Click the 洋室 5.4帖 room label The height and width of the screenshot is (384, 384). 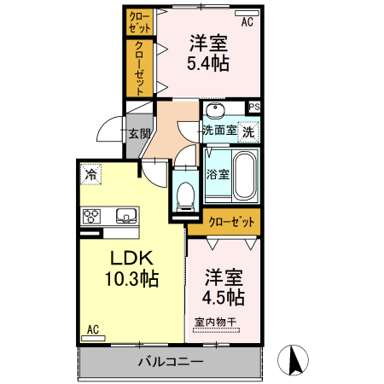207,52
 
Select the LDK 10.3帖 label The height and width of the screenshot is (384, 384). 131,267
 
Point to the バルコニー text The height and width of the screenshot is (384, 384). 171,361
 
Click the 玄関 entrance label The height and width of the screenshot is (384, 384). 139,134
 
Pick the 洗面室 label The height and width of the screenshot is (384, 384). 218,131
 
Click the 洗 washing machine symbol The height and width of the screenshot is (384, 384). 248,132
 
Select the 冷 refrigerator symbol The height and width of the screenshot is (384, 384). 91,175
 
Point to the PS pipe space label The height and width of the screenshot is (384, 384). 253,107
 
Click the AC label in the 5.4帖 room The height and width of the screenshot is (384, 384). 247,23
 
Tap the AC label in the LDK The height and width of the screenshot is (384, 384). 93,329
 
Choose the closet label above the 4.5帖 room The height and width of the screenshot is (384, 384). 231,222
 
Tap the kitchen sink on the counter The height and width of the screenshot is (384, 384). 125,216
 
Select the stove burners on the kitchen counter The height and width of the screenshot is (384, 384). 91,216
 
